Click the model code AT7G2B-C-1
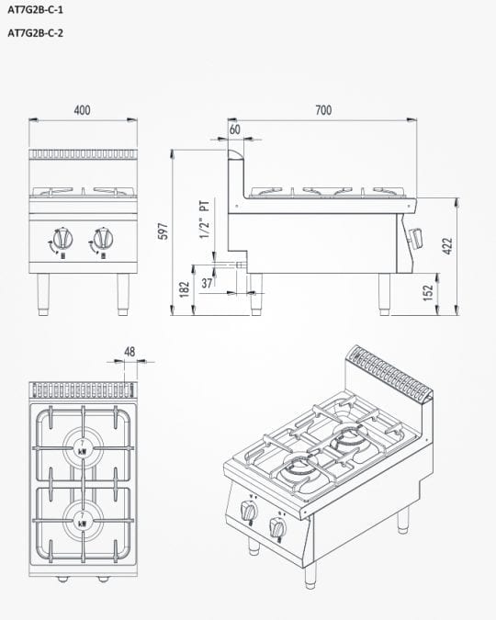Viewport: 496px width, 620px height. [35, 10]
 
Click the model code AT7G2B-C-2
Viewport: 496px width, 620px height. [35, 33]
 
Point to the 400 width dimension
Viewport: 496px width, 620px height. [83, 110]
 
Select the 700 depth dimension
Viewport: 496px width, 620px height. [323, 110]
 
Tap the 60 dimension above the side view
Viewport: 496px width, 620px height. [235, 130]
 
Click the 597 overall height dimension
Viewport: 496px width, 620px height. [163, 231]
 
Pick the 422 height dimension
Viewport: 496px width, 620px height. [447, 246]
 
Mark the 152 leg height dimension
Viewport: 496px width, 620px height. [428, 293]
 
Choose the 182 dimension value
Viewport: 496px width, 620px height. [185, 289]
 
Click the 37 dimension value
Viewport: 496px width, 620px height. [207, 283]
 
